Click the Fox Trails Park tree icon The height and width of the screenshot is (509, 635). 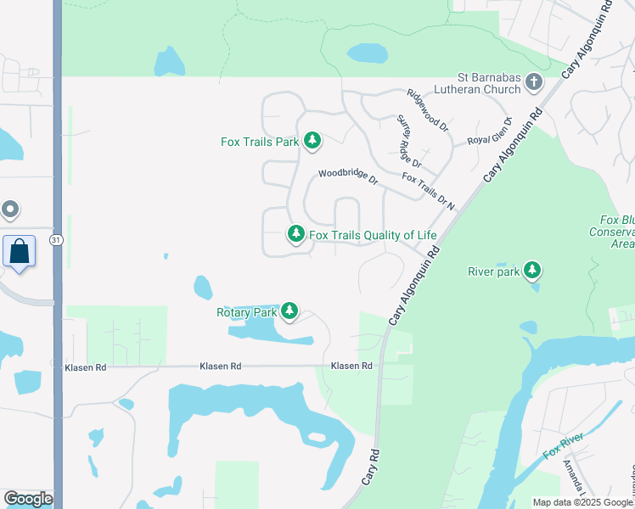[x=312, y=140]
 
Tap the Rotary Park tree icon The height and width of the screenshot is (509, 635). [x=290, y=311]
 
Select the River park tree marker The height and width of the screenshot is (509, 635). [x=532, y=271]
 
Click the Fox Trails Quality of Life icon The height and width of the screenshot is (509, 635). [x=295, y=233]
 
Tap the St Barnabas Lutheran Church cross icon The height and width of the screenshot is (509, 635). [x=534, y=81]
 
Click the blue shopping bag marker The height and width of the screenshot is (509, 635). [x=19, y=252]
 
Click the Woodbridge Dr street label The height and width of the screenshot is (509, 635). [x=348, y=177]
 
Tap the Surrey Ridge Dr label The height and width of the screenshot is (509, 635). [x=409, y=142]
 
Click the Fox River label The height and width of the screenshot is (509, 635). [x=562, y=446]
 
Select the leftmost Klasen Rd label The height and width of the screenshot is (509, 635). [x=86, y=367]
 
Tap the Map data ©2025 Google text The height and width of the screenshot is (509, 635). [x=583, y=502]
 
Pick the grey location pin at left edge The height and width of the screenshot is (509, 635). [x=9, y=208]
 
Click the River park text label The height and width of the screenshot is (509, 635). [x=492, y=271]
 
